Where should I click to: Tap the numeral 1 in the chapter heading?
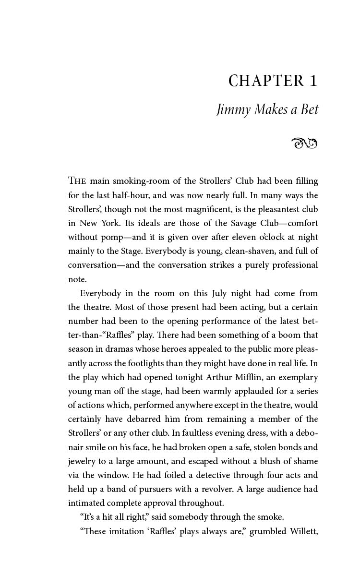[313, 81]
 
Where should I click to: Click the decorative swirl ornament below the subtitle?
[304, 143]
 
